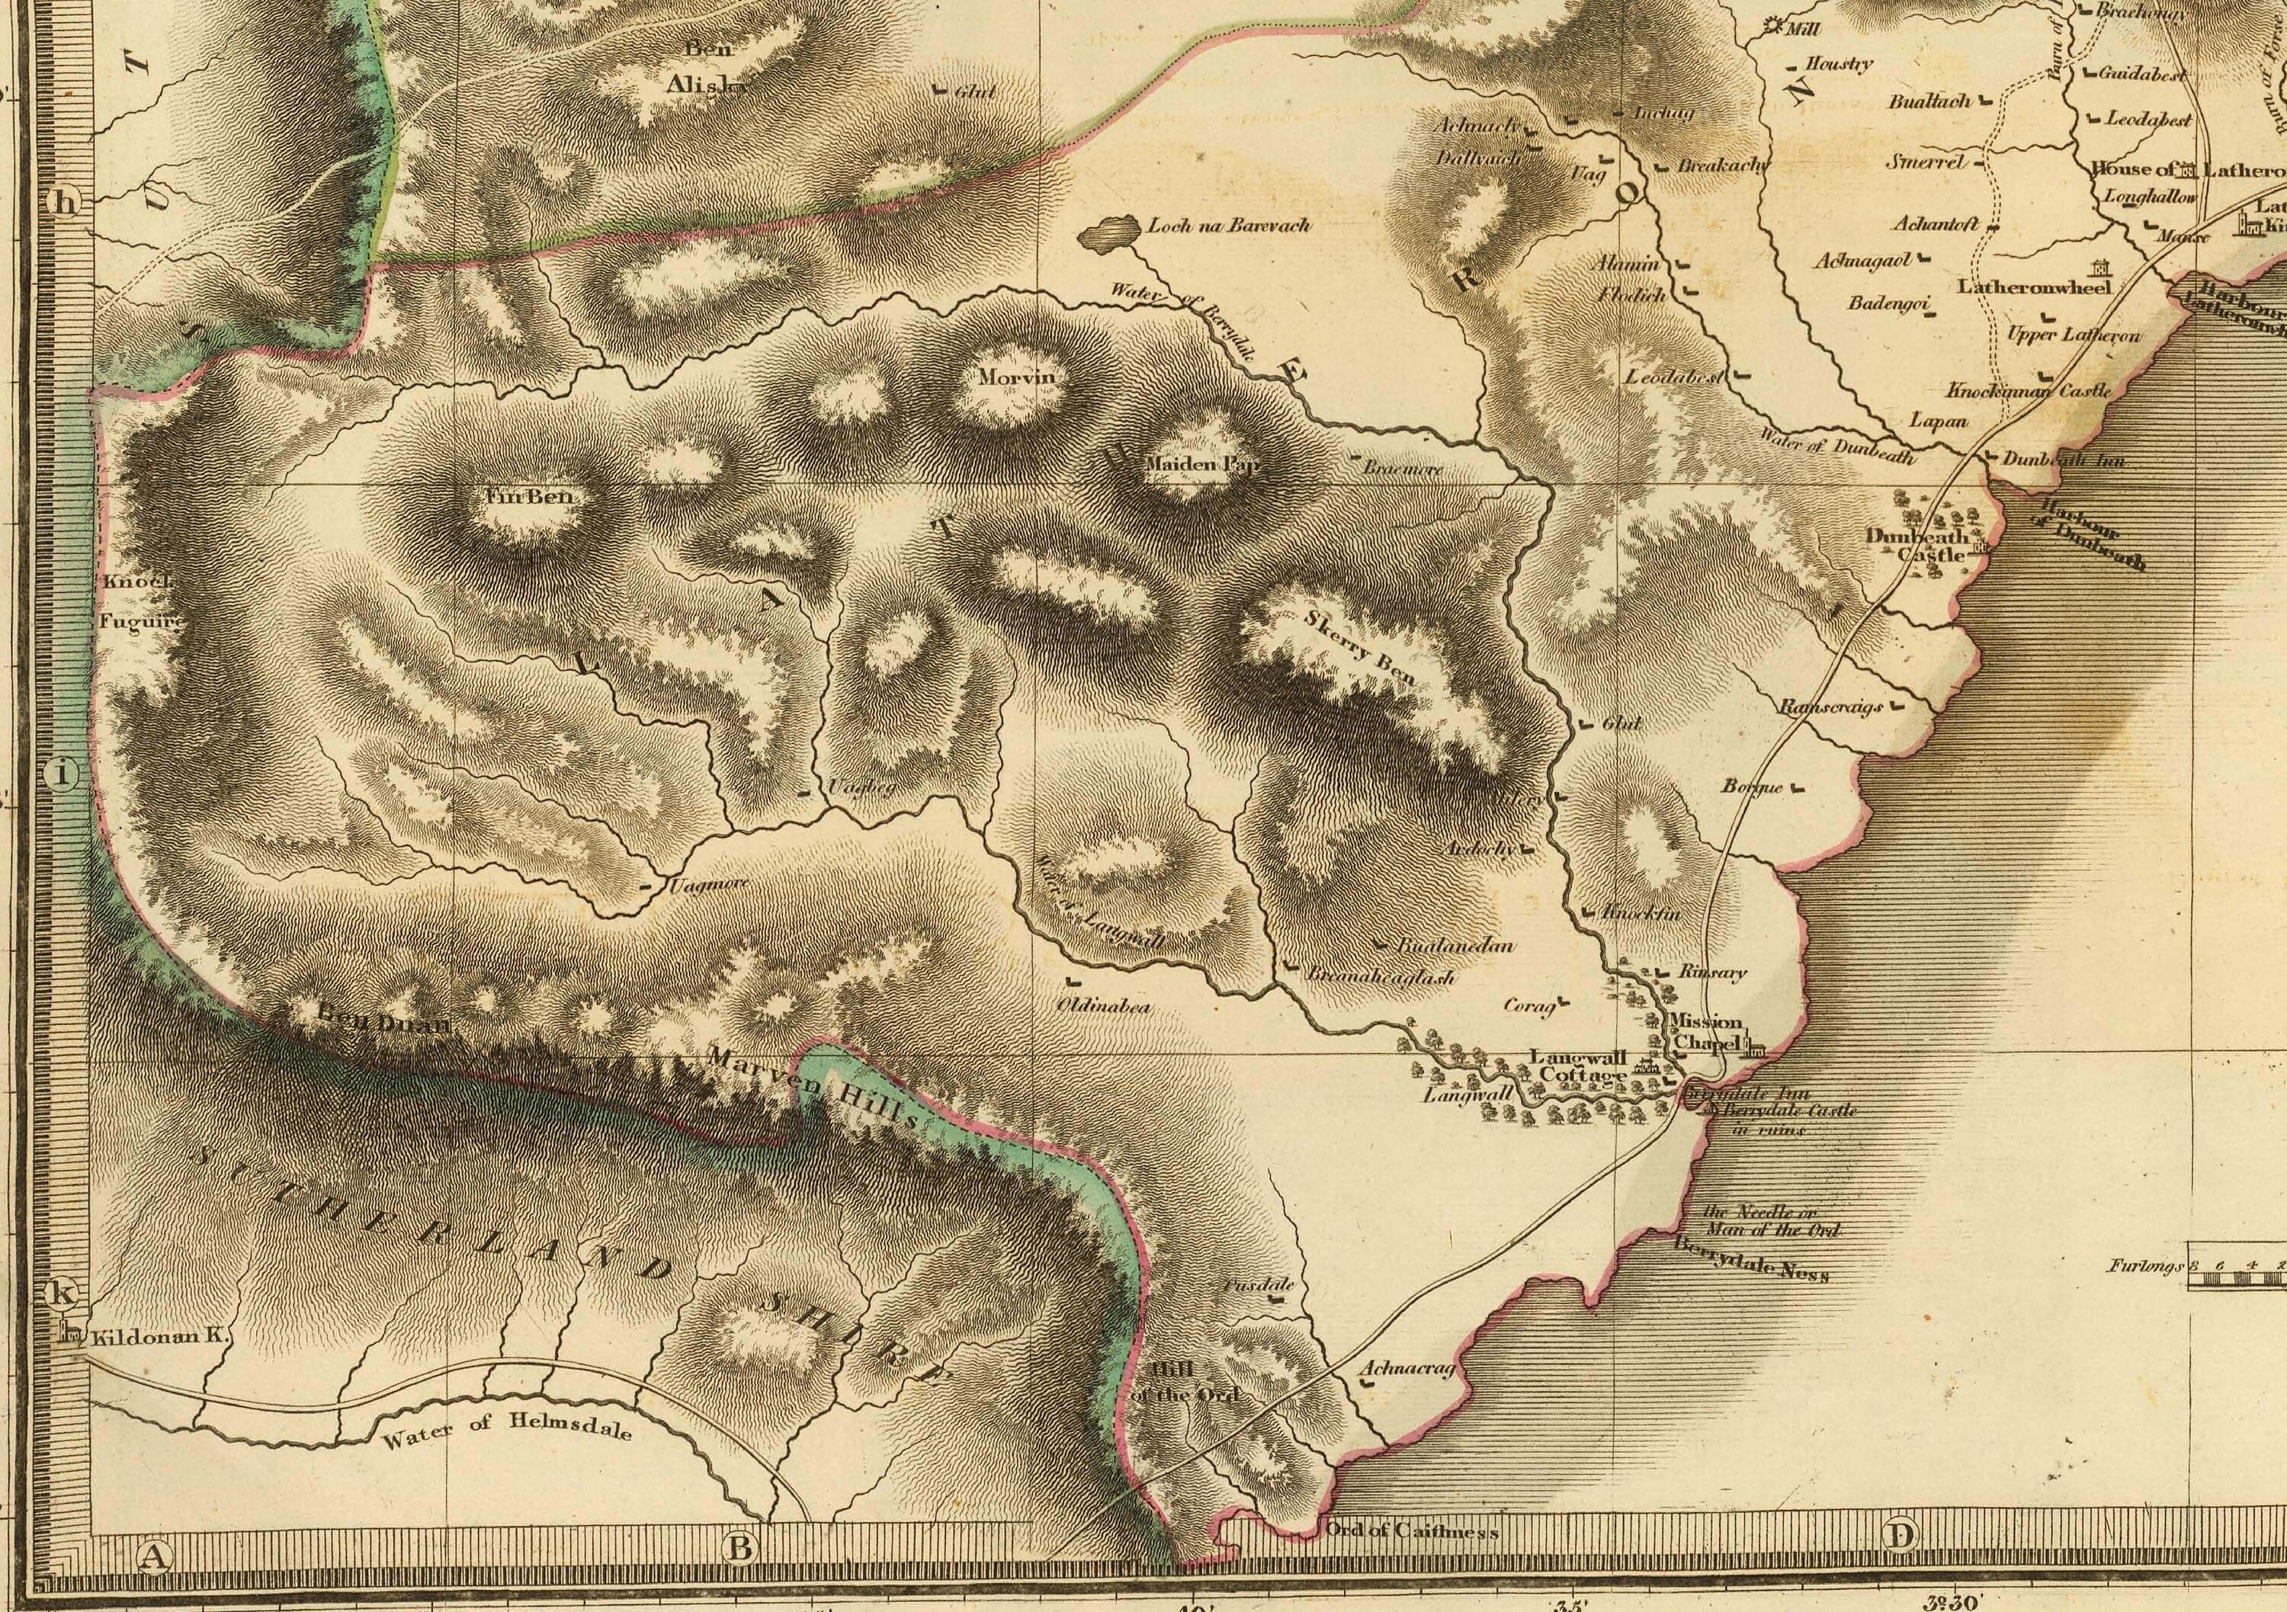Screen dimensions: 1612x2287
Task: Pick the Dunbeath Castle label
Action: coord(1914,546)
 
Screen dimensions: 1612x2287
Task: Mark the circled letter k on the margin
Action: coord(62,1294)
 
